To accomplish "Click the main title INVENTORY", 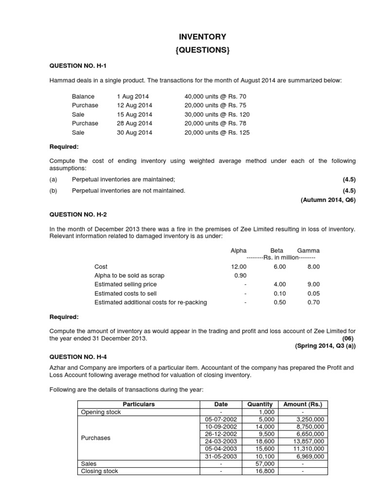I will pos(203,36).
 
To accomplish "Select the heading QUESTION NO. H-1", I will pos(78,66).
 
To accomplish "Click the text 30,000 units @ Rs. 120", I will pos(217,114).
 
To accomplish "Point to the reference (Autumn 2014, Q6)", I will pos(328,200).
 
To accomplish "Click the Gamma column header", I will pos(308,250).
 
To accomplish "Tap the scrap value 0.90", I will pos(240,276).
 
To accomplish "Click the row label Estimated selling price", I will pos(126,285).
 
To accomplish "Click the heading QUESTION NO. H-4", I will pos(78,356).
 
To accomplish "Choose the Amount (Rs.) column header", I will pos(302,404).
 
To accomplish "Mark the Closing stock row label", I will pos(99,471).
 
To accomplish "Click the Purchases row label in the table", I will pos(96,438).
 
